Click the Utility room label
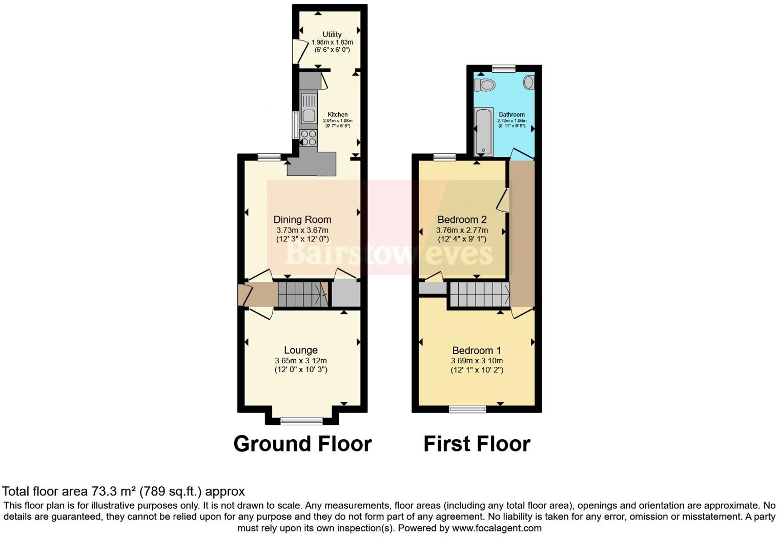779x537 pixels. tap(332, 34)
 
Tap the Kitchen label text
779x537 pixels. tap(337, 114)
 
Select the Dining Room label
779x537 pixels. tap(302, 220)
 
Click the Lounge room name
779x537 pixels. tap(301, 350)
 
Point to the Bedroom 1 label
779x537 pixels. tap(477, 350)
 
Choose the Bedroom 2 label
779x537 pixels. tap(462, 220)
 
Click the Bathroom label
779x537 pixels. tap(511, 114)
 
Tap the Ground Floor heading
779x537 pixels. tap(302, 444)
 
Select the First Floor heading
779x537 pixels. tap(477, 444)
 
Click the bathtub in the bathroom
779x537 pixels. tap(483, 132)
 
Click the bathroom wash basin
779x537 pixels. tap(529, 82)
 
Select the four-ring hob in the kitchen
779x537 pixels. tap(309, 138)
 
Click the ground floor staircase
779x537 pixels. tap(302, 294)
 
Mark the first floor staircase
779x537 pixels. tap(480, 294)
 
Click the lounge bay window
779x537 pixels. tap(302, 421)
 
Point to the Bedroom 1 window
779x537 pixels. tap(467, 408)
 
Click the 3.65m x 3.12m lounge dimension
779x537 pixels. tap(301, 361)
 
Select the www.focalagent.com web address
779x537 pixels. tap(497, 528)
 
